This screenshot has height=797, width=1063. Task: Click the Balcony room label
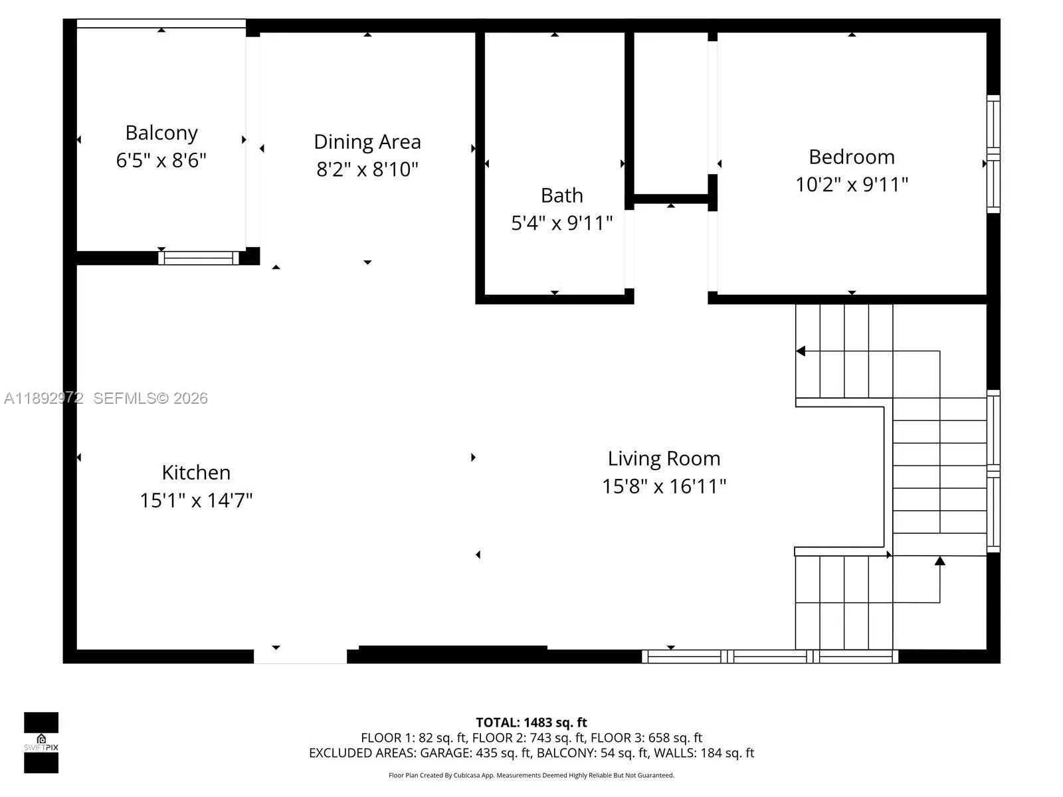coord(161,133)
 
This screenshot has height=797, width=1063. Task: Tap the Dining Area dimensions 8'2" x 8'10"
coord(367,169)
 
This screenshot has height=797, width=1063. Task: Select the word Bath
coord(561,195)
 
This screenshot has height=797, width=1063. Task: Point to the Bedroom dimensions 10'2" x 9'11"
coord(851,184)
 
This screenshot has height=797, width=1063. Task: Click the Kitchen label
coord(196,472)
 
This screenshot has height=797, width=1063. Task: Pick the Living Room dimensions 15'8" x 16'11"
coord(664,486)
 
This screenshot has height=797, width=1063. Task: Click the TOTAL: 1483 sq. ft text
coord(531,722)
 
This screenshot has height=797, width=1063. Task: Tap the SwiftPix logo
coord(41,742)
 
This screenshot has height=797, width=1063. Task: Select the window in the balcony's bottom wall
coord(198,258)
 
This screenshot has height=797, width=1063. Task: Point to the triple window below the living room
coord(769,656)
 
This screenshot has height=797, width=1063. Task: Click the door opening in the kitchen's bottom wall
coord(300,656)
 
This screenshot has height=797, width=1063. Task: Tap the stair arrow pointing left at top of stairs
coord(801,351)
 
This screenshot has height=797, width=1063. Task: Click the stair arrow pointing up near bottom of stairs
coord(939,561)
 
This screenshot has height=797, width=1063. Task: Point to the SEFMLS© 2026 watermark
coord(150,398)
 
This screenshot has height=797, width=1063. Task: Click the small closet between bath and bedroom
coord(670,113)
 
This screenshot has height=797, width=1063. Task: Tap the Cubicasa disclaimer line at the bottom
coord(531,775)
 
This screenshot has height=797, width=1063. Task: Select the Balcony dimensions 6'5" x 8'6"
coord(161,161)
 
